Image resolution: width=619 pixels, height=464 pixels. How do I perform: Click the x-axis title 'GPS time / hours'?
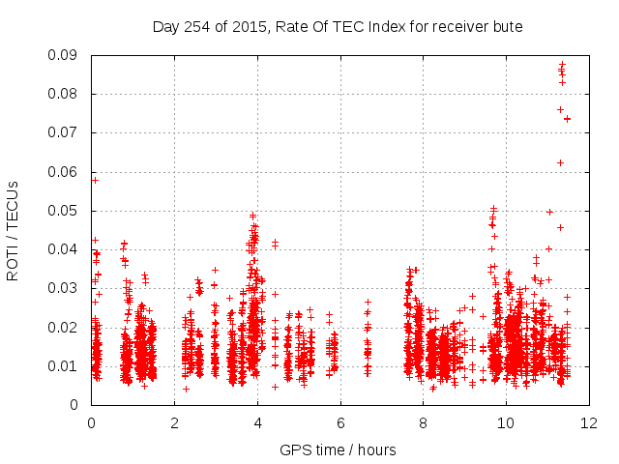[339, 449]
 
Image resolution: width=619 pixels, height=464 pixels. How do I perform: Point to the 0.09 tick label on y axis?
[66, 55]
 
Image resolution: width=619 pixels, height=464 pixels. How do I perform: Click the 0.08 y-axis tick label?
[66, 94]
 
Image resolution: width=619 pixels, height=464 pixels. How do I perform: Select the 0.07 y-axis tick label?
[66, 132]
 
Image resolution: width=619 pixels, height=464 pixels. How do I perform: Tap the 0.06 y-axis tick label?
[66, 172]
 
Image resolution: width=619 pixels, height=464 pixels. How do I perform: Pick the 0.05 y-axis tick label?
[66, 211]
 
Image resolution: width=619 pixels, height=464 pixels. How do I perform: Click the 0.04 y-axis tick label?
[66, 249]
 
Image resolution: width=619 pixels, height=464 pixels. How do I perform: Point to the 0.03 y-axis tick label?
[66, 288]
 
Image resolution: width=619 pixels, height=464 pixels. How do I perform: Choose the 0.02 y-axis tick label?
[66, 327]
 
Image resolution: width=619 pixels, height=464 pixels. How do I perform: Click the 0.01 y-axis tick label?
[66, 365]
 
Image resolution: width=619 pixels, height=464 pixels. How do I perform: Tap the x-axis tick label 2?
[174, 422]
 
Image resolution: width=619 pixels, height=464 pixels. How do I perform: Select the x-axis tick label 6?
[340, 422]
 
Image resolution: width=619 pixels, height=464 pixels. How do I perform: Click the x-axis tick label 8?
[424, 422]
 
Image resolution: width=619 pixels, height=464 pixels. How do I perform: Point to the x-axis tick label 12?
[590, 422]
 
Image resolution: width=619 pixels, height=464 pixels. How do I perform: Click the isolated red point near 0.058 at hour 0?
[95, 180]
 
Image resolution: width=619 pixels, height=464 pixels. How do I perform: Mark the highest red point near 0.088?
[562, 65]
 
